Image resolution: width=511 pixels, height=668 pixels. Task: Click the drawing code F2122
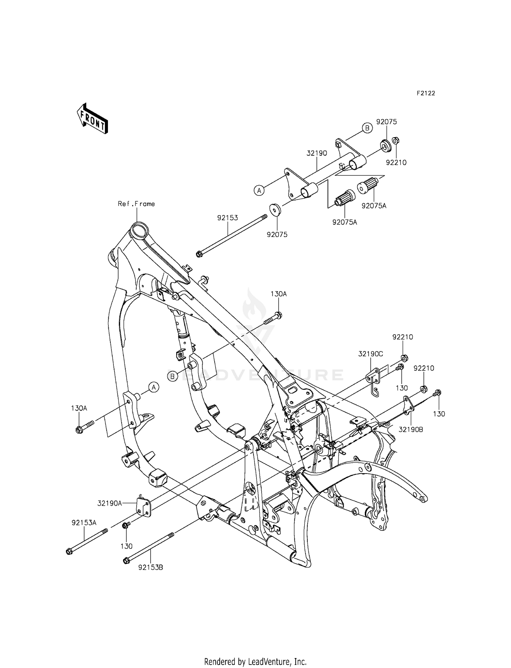click(x=426, y=93)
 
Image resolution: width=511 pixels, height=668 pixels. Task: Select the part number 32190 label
click(x=316, y=153)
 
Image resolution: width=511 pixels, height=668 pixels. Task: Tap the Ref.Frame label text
click(x=136, y=204)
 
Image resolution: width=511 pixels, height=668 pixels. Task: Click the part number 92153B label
click(x=151, y=568)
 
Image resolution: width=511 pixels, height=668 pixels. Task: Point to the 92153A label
click(x=84, y=523)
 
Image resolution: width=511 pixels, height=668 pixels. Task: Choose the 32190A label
click(x=110, y=503)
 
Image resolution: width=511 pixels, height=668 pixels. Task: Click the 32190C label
click(x=371, y=354)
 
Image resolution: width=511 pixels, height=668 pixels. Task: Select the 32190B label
click(x=411, y=430)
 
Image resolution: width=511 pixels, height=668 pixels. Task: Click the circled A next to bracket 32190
click(x=259, y=191)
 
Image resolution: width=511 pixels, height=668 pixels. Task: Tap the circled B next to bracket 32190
click(x=367, y=128)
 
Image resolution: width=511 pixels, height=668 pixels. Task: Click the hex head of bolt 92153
click(x=199, y=254)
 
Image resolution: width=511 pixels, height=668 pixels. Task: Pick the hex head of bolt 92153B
click(x=126, y=560)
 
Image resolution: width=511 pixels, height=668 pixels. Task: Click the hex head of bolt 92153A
click(x=69, y=551)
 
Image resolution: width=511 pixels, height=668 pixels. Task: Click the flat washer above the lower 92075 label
click(x=275, y=209)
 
